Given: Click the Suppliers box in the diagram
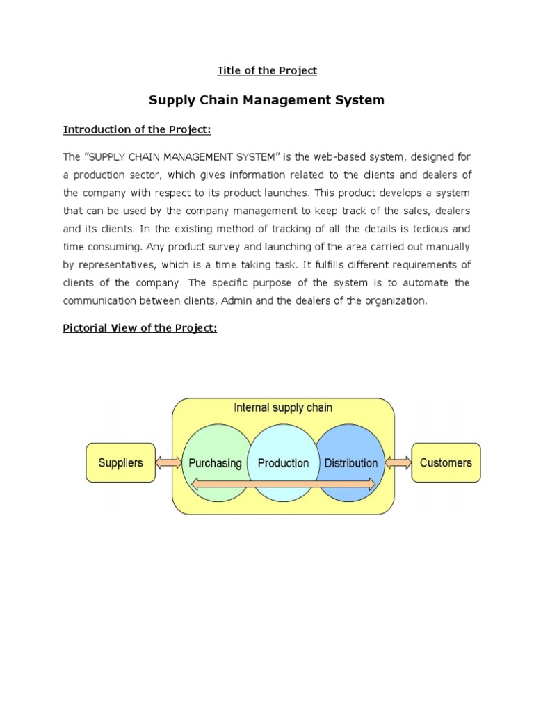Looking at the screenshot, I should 120,462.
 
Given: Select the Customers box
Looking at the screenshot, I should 446,462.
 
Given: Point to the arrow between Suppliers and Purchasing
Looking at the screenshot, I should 170,462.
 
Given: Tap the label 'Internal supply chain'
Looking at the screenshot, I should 283,407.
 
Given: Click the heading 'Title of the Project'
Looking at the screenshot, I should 267,70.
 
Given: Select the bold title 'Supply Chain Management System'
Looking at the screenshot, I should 267,100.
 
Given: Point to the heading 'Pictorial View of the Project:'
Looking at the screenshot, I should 140,328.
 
